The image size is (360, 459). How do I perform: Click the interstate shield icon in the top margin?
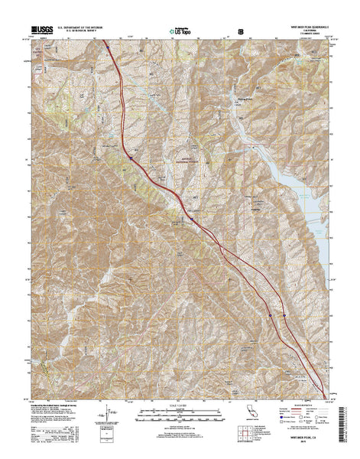[x=242, y=31]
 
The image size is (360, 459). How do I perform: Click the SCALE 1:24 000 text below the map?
[x=181, y=403]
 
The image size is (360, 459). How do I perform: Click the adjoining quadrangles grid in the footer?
[x=245, y=438]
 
